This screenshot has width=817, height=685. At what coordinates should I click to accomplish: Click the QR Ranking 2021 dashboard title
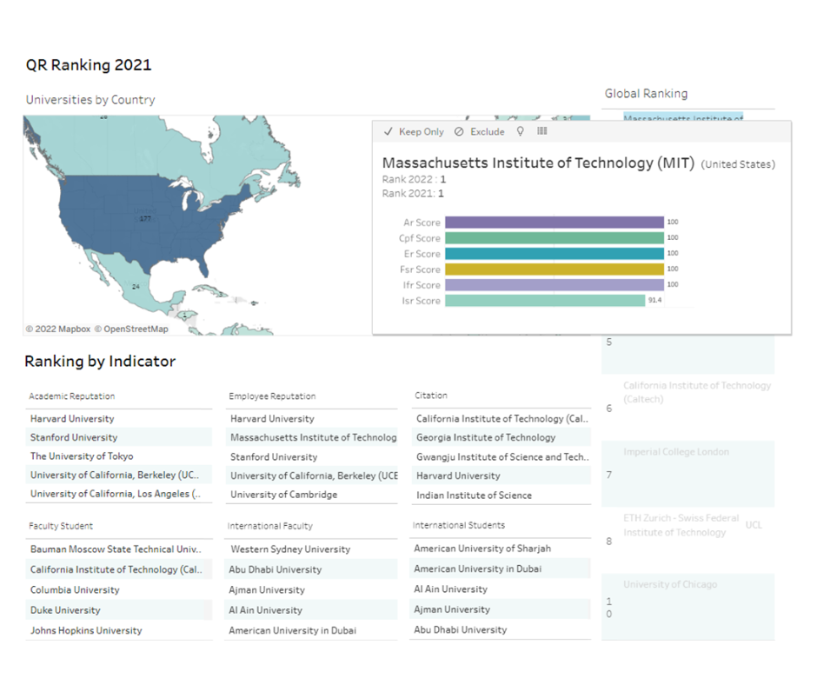[89, 65]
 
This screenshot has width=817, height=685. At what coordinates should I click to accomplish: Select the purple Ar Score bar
[555, 223]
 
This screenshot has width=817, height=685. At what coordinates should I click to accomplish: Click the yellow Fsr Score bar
[555, 269]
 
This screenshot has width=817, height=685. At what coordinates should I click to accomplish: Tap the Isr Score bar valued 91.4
[544, 301]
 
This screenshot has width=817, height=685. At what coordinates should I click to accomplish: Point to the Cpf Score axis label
[420, 238]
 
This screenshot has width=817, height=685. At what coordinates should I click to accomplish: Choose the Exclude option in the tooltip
[480, 132]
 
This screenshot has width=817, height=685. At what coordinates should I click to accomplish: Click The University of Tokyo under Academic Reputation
[82, 456]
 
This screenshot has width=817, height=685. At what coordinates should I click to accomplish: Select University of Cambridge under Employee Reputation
[283, 495]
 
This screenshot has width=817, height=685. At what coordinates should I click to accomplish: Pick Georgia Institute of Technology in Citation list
[485, 438]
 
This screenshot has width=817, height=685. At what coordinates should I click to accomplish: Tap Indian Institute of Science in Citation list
[474, 495]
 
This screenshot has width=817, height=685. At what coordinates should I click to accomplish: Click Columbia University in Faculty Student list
[75, 590]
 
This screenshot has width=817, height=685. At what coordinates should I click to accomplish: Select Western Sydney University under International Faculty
[290, 549]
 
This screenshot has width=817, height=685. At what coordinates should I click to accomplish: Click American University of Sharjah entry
[482, 549]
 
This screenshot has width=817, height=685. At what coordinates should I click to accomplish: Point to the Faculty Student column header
[61, 526]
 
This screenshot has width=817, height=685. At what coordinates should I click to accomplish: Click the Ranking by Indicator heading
[100, 362]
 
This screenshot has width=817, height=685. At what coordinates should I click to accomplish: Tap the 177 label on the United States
[145, 219]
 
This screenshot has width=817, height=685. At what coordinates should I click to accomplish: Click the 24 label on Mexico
[136, 286]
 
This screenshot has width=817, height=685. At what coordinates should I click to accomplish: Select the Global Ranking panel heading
[646, 94]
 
